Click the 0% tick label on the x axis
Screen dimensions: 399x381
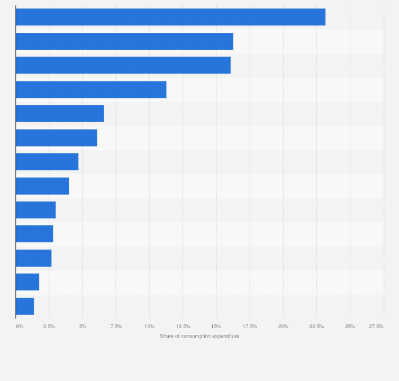click(x=20, y=326)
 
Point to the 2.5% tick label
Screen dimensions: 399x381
click(x=49, y=326)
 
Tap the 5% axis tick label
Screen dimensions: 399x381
click(x=83, y=326)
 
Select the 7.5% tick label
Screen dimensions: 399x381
click(x=116, y=326)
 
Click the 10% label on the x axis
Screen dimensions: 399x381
click(x=149, y=326)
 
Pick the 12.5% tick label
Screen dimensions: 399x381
click(x=183, y=326)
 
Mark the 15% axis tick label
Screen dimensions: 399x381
click(x=216, y=326)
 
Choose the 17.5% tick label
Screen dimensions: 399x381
click(x=250, y=326)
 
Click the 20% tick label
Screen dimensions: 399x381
click(x=283, y=326)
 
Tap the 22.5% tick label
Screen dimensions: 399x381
click(x=316, y=326)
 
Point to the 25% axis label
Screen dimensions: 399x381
click(x=350, y=326)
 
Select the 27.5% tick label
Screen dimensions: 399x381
click(x=376, y=326)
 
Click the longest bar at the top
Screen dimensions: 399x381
click(x=170, y=17)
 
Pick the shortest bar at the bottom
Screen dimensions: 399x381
click(x=25, y=306)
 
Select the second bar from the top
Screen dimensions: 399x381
click(x=124, y=41)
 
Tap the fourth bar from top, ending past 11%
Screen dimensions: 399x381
click(x=91, y=89)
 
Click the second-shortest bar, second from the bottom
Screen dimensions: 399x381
click(x=28, y=282)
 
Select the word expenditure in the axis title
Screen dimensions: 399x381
click(x=226, y=336)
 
